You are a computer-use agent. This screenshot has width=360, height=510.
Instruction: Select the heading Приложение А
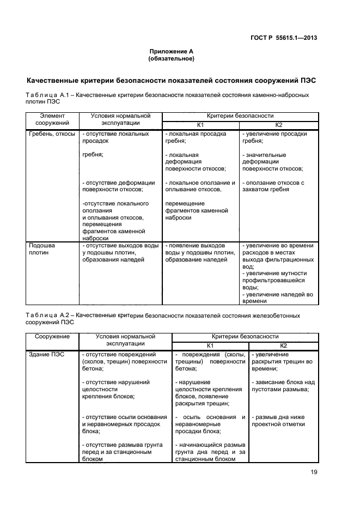tap(172, 51)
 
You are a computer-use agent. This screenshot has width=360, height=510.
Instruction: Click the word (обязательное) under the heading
tap(172, 58)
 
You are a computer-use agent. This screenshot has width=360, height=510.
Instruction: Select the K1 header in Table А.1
tap(200, 125)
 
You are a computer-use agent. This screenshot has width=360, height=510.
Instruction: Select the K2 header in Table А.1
tap(279, 125)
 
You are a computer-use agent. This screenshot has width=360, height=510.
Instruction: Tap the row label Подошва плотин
tap(42, 249)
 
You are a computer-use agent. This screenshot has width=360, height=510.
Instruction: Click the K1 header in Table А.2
tap(210, 345)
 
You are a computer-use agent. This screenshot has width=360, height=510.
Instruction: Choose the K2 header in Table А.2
tap(283, 345)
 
